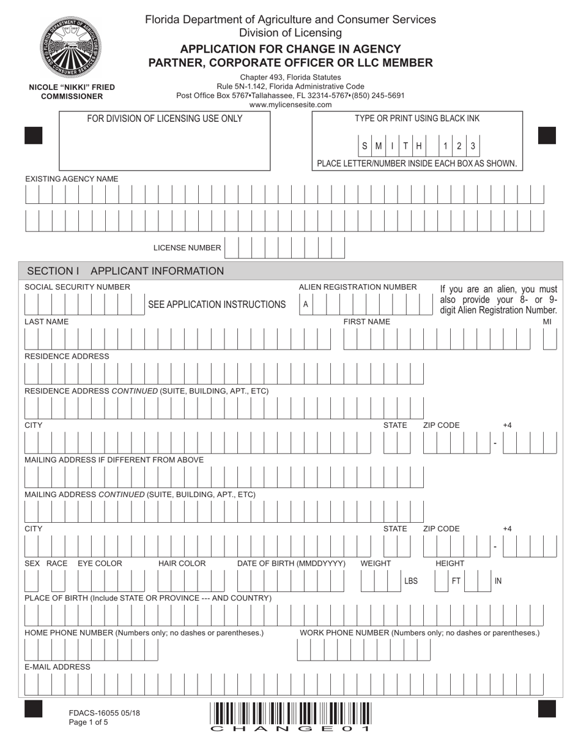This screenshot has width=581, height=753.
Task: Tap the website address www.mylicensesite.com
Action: coord(290,105)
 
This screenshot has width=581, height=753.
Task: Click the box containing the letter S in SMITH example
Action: coord(365,146)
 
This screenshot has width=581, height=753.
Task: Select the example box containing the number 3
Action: coord(473,146)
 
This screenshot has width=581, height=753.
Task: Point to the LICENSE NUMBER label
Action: coord(187,248)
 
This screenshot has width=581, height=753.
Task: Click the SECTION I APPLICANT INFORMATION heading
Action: coord(126,271)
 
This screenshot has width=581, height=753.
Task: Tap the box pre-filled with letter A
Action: coord(306,304)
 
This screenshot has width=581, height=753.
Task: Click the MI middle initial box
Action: coord(549,339)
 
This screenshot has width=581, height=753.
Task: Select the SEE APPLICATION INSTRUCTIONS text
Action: coord(217,305)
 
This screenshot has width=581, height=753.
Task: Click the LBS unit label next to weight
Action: coord(411,581)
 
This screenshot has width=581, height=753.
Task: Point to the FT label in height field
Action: coord(456,581)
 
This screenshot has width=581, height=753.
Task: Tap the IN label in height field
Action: coord(498,581)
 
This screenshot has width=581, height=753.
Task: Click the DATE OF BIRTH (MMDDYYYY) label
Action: coord(291,563)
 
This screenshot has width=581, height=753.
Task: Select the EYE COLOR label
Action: coord(100,563)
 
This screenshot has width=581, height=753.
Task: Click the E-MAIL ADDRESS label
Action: coord(57,667)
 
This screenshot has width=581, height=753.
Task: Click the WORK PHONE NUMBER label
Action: coord(420,632)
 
